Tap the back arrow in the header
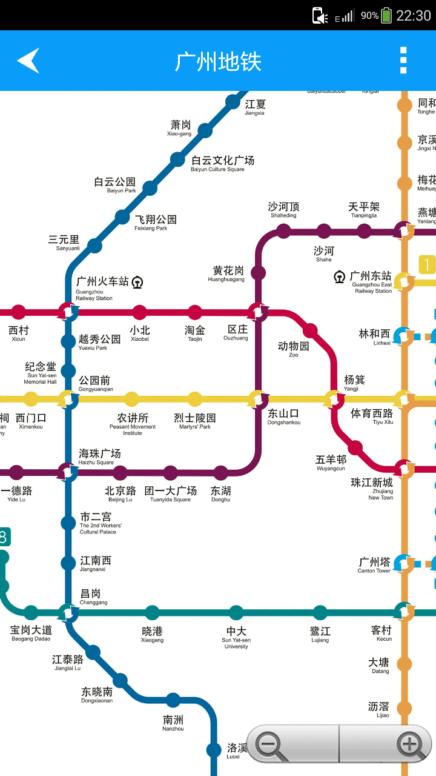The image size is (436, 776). [28, 61]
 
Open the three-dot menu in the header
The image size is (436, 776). [403, 61]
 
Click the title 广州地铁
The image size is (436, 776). [218, 61]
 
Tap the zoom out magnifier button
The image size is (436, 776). [271, 744]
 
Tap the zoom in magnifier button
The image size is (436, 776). [410, 744]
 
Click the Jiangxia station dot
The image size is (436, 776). [233, 102]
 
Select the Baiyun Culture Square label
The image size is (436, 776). [222, 163]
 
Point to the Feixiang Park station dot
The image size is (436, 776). [123, 216]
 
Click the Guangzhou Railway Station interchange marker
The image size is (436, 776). [68, 312]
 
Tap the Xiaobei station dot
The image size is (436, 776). [140, 312]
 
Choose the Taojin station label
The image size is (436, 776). [195, 333]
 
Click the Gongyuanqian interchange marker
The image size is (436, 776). [68, 399]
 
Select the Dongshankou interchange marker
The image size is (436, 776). [259, 399]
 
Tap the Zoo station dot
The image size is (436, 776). [310, 330]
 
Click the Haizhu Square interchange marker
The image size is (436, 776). [68, 472]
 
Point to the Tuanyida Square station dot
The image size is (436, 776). [171, 472]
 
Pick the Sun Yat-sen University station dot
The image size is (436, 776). [236, 612]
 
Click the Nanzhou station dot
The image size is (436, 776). [174, 700]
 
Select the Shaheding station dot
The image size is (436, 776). [284, 230]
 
